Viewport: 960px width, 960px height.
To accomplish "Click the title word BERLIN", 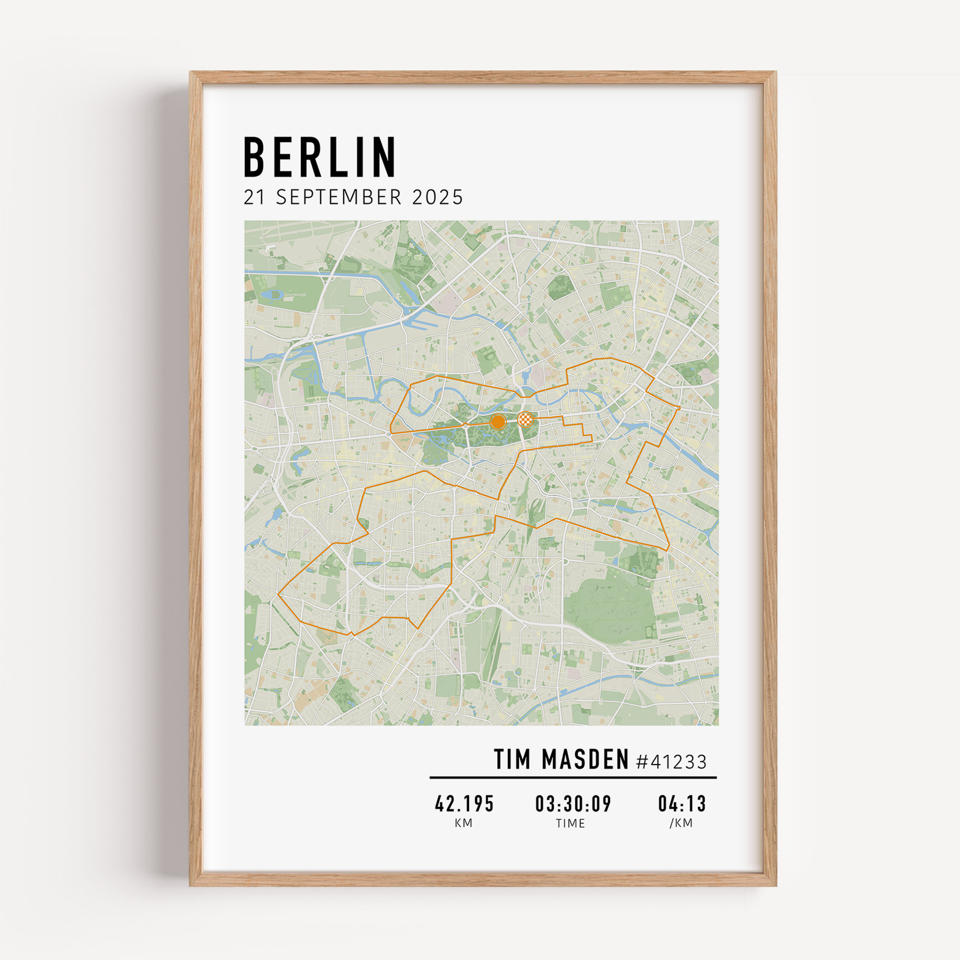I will click(x=320, y=157).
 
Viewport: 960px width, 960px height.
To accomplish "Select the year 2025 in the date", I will click(x=437, y=198).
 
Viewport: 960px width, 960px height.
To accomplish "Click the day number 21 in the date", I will click(x=254, y=198).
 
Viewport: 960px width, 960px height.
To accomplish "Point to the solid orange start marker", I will click(x=497, y=422).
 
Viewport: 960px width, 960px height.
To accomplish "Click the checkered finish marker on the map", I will click(x=525, y=420).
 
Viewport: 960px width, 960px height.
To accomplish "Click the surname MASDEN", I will click(x=585, y=759).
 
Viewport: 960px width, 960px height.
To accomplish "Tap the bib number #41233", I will click(x=671, y=761).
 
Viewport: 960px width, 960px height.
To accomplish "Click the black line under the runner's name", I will click(x=573, y=778).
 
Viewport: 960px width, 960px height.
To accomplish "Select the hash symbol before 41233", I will click(x=642, y=762).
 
